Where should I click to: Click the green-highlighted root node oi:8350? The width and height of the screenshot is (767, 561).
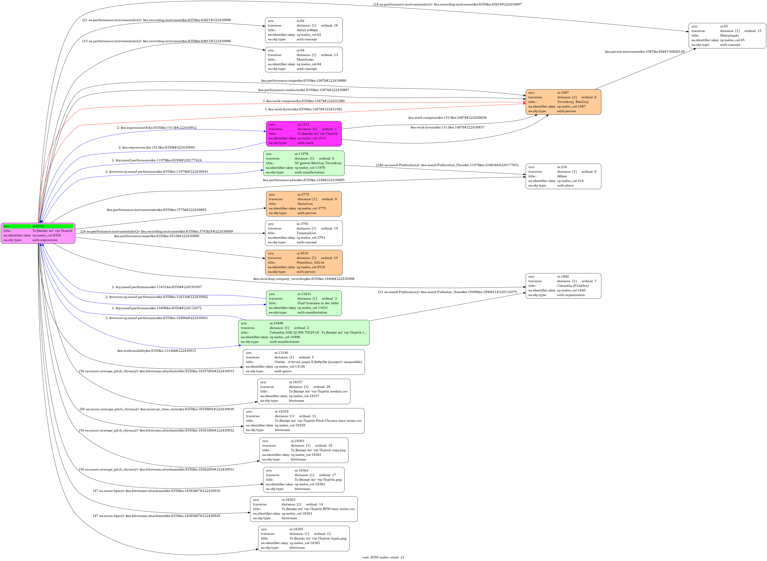tap(38, 233)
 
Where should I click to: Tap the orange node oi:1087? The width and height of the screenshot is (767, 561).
tap(563, 102)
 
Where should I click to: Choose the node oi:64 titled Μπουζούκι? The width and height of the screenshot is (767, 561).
tap(304, 59)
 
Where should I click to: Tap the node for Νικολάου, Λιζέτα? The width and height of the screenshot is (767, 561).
tap(304, 263)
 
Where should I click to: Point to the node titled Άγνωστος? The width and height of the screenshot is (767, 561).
tap(304, 204)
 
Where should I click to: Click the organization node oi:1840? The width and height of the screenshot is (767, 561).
tap(563, 286)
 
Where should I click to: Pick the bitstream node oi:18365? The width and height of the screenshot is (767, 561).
tap(304, 538)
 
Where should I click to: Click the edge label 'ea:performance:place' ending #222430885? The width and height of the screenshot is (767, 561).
tap(304, 180)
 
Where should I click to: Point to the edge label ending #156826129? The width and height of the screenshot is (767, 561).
tap(644, 52)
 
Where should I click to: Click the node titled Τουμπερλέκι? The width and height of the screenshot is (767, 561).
tap(304, 233)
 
